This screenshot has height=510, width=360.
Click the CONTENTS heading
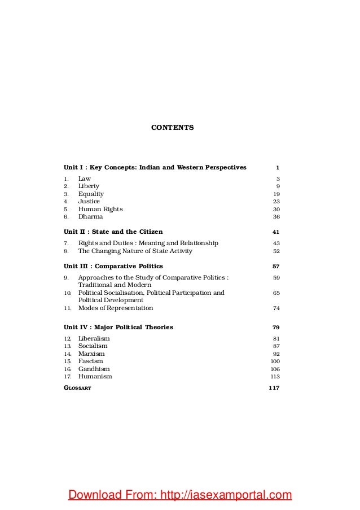[173, 128]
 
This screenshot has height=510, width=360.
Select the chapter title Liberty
[89, 186]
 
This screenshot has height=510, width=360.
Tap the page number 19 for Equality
[276, 194]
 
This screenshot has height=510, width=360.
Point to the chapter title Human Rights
[100, 209]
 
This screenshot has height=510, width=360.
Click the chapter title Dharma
[90, 216]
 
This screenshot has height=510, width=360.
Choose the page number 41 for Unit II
[276, 232]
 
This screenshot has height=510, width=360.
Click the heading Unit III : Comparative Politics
[113, 265]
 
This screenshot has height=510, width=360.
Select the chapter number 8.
[66, 251]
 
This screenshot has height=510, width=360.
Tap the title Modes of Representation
[115, 308]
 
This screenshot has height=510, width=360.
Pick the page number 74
[276, 308]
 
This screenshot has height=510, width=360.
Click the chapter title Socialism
[93, 346]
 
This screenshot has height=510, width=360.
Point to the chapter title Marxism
[91, 354]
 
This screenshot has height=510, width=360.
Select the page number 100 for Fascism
[275, 361]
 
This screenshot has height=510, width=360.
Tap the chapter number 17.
[67, 377]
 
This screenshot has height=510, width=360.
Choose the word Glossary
[77, 389]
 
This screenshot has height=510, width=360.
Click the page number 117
[274, 389]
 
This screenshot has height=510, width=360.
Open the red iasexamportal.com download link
[180, 496]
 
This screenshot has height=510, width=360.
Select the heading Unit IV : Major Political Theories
[118, 327]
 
